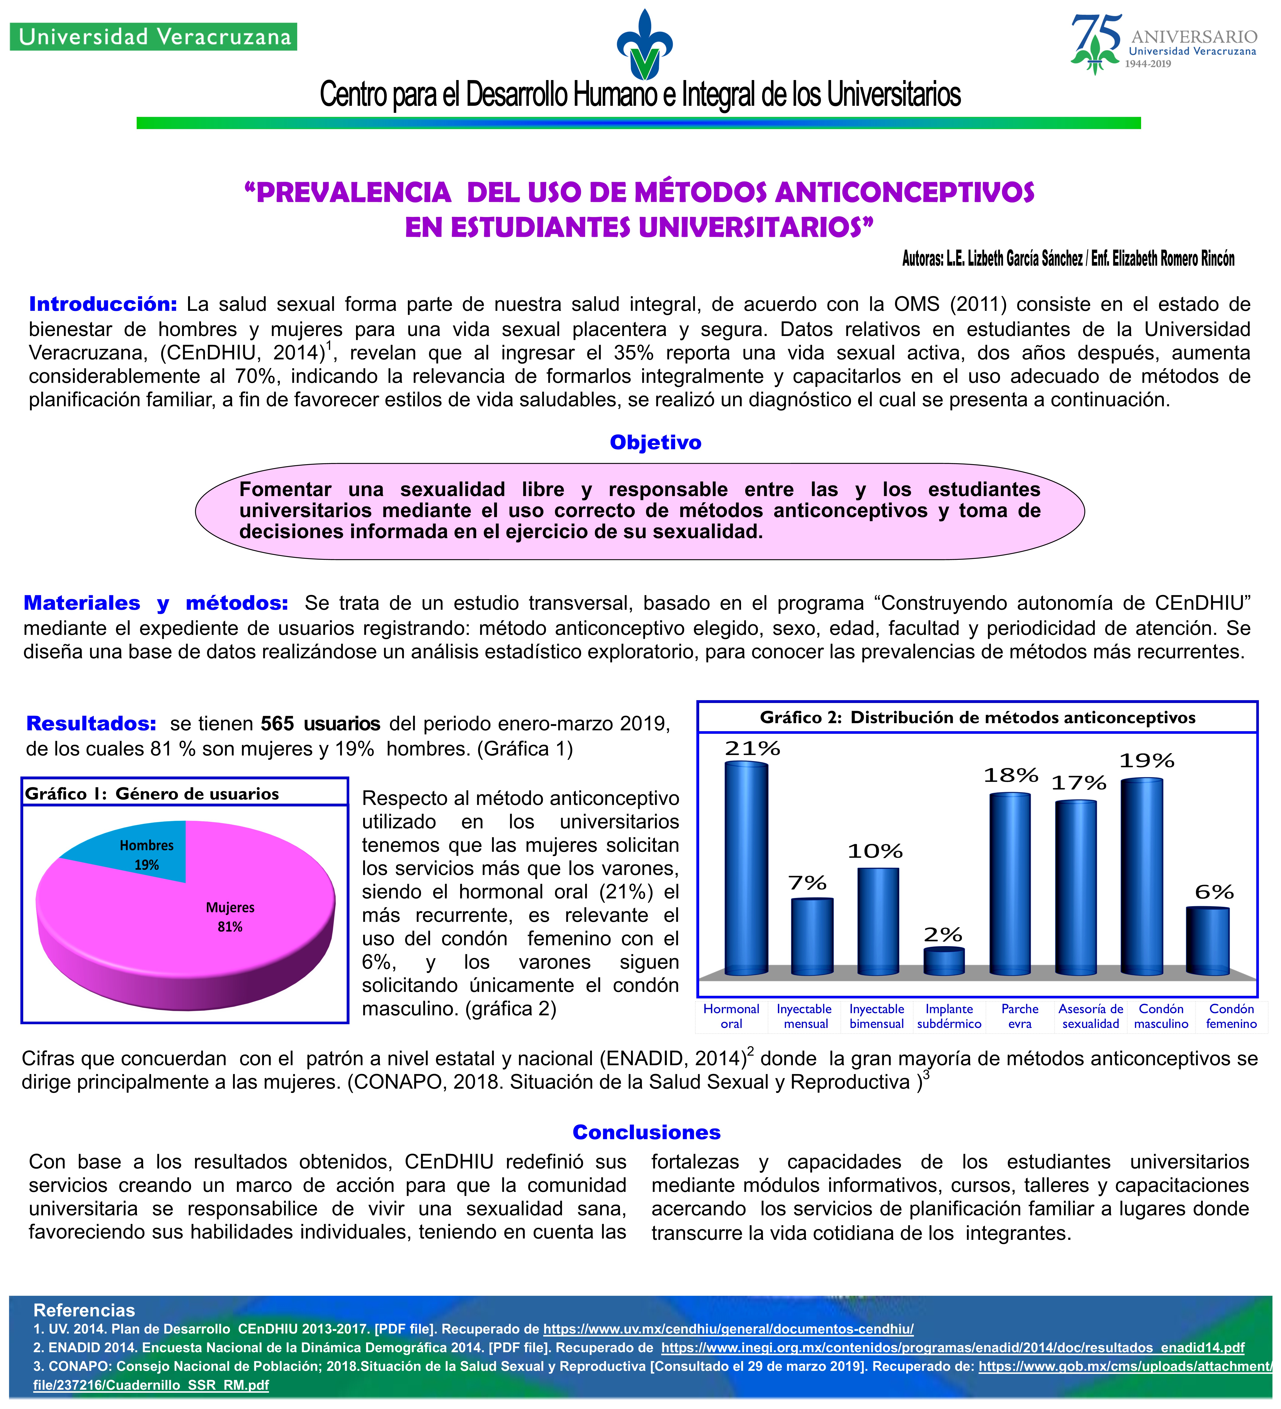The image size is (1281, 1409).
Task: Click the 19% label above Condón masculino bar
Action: click(1147, 760)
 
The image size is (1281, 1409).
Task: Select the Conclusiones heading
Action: click(646, 1132)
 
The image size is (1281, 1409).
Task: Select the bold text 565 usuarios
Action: click(320, 723)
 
